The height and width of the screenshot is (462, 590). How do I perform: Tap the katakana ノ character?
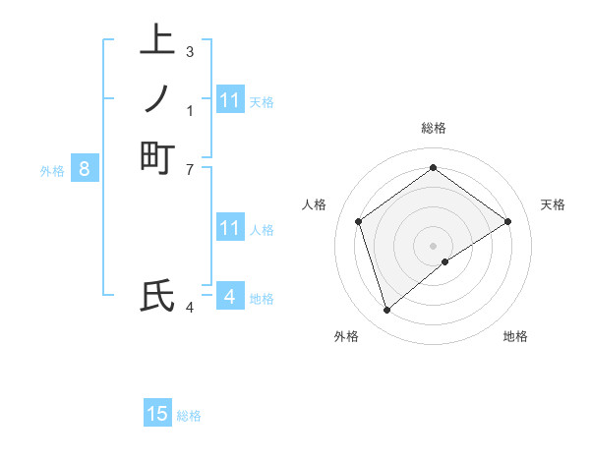pos(157,99)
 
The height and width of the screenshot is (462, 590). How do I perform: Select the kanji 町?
pos(157,158)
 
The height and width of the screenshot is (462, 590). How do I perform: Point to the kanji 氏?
pos(157,296)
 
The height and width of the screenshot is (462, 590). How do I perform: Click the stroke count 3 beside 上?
pos(189,51)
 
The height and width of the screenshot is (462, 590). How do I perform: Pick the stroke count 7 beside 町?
pos(189,169)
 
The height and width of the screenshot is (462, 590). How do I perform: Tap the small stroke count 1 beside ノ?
pos(189,110)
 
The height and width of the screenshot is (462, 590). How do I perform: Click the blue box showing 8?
pos(85,169)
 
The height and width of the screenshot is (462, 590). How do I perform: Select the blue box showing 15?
pos(157,414)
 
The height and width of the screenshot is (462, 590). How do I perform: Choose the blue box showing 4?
pos(229,296)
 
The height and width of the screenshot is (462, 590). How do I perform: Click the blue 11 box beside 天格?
pos(230,100)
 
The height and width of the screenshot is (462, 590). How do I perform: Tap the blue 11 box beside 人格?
pos(230,228)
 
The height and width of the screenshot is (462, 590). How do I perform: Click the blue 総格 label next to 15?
pos(189,416)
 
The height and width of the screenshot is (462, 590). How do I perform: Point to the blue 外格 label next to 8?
pos(52,171)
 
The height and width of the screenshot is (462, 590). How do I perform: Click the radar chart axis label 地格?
pos(515,336)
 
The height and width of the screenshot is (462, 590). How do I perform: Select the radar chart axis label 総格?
pos(434,128)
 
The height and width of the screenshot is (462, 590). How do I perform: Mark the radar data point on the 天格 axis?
pos(508,221)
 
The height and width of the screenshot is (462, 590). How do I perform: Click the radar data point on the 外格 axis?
pos(387,311)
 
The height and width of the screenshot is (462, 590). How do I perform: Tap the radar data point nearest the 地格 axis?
pos(445,261)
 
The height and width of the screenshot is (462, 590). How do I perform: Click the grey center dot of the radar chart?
pos(434,246)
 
